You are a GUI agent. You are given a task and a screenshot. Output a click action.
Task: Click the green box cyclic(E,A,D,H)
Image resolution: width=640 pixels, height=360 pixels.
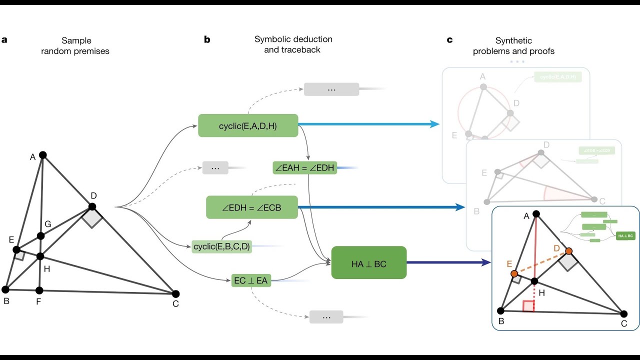(x=248, y=125)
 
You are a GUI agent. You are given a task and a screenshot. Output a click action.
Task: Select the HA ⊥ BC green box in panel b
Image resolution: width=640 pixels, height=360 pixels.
(x=368, y=263)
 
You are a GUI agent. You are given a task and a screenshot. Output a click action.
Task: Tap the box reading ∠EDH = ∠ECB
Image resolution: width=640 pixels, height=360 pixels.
(x=252, y=207)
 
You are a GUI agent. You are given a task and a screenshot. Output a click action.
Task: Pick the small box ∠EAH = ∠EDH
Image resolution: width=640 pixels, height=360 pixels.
(x=304, y=168)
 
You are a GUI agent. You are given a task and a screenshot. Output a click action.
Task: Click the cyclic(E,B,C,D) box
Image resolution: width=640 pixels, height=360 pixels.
(x=221, y=246)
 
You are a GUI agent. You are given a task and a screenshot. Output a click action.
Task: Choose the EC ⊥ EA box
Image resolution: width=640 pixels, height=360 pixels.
(x=251, y=280)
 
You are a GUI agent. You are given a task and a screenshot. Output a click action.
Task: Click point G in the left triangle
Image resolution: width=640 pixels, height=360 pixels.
(x=40, y=236)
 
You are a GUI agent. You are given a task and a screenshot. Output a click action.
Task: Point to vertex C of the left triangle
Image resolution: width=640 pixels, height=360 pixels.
(x=175, y=293)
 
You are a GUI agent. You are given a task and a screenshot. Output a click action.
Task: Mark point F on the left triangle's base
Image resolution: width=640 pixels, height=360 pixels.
(x=39, y=290)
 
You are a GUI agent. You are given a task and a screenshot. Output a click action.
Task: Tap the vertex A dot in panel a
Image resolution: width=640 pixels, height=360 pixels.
(x=43, y=155)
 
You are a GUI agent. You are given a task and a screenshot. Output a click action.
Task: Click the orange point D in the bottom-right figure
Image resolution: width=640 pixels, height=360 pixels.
(x=568, y=250)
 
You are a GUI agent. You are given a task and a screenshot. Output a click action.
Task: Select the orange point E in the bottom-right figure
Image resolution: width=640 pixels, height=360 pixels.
(x=514, y=273)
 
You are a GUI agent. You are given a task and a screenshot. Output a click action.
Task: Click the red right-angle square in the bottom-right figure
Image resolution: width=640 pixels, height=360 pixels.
(x=529, y=306)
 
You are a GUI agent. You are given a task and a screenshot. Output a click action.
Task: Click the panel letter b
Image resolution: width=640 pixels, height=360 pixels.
(x=207, y=39)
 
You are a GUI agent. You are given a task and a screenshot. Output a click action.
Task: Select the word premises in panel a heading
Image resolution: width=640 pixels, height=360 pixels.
(x=92, y=51)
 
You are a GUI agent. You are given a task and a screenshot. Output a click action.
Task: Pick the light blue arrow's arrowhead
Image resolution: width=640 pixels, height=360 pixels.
(x=435, y=124)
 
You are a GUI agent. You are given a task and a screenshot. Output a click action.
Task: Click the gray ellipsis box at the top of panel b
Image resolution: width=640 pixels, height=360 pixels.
(x=331, y=89)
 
